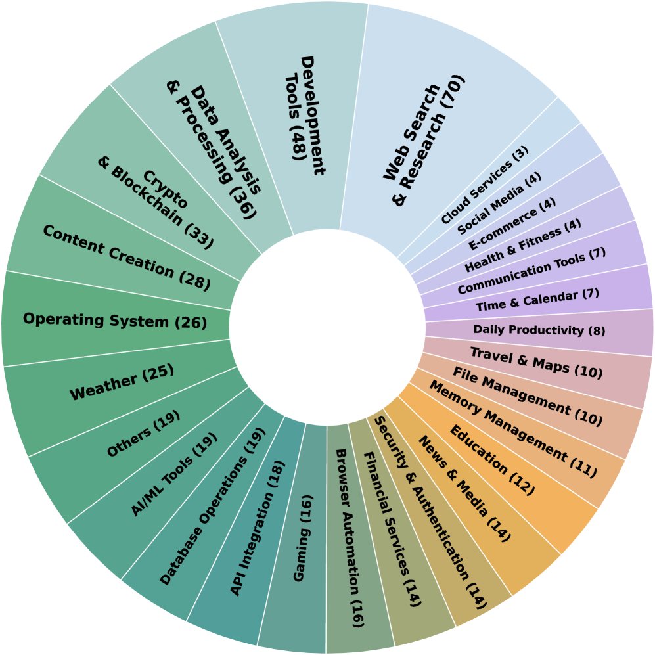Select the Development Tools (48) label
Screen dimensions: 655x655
click(305, 116)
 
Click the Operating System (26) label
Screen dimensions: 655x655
click(115, 321)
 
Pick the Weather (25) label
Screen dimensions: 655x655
click(122, 382)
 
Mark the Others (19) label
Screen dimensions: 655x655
click(144, 434)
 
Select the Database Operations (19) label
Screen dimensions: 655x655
click(212, 507)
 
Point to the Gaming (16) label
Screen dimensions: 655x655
click(303, 538)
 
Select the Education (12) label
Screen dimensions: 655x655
click(492, 460)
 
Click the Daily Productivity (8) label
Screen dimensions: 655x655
click(539, 330)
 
